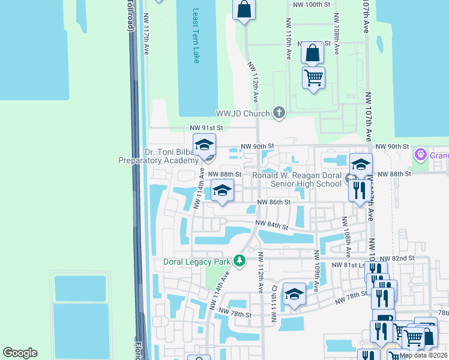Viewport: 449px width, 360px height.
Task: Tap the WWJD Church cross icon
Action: tap(279, 112)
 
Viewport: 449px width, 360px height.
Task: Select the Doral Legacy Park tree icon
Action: tap(240, 261)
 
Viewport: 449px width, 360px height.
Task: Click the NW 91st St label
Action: tap(206, 128)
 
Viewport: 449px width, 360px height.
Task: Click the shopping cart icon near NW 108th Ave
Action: tap(314, 78)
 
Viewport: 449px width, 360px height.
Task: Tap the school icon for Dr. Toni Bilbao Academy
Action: tap(204, 146)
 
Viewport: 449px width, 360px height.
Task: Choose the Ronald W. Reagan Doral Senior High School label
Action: tap(297, 179)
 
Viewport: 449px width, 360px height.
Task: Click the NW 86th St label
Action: tap(274, 203)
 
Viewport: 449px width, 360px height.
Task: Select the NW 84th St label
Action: tap(272, 226)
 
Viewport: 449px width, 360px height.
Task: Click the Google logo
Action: tap(20, 353)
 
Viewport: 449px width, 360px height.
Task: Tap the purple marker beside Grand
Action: tap(420, 155)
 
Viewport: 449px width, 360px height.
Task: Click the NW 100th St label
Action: tap(310, 4)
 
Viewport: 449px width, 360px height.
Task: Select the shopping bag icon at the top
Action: tap(244, 10)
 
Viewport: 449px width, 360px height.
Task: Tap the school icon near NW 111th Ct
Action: tap(294, 294)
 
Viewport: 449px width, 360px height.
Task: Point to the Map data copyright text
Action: tap(423, 355)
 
